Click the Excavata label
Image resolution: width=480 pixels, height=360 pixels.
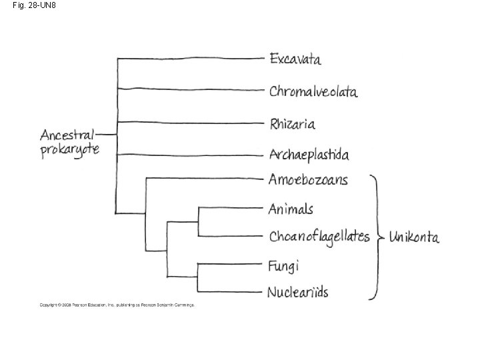(295, 59)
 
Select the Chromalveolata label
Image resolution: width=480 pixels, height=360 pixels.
(313, 91)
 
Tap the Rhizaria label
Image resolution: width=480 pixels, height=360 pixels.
(292, 123)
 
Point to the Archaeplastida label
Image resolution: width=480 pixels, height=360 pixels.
(309, 155)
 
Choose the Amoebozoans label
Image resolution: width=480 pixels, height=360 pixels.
(308, 179)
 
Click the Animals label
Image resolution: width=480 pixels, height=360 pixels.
(290, 209)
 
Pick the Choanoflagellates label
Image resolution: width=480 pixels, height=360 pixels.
(319, 236)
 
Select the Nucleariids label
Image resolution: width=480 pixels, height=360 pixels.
(297, 291)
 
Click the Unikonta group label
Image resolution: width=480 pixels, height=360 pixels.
(413, 237)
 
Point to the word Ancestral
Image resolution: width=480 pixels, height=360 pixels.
(67, 134)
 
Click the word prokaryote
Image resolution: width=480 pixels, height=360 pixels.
(69, 149)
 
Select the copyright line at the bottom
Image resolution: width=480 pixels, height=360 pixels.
(117, 305)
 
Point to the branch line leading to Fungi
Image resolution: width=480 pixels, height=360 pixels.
(230, 264)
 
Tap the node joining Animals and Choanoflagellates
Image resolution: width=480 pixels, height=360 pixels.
(199, 221)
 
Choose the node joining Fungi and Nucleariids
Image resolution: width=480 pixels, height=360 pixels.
(199, 277)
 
